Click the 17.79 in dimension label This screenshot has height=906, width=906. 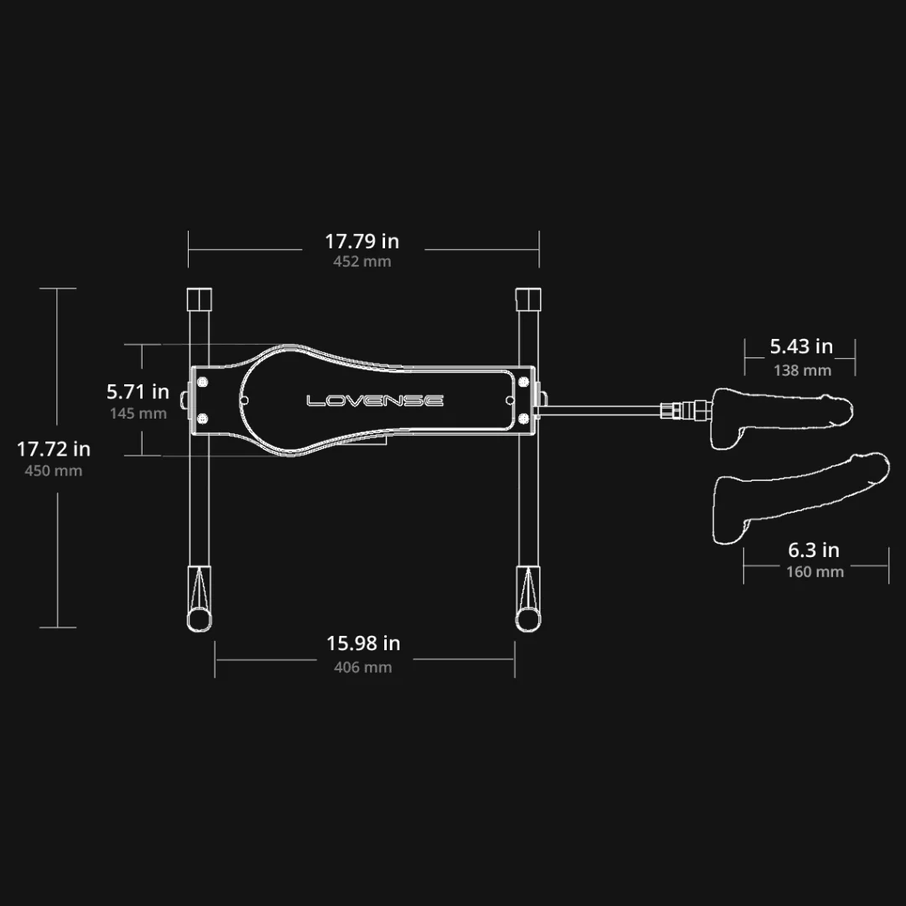click(362, 241)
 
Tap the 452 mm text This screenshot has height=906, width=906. click(362, 262)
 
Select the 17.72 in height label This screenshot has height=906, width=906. click(53, 449)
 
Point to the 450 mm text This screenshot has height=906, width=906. click(53, 471)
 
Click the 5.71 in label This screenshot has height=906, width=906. click(138, 392)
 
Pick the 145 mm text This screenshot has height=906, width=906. click(138, 414)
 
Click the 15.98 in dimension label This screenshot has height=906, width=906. click(363, 643)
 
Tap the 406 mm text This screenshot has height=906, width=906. click(363, 668)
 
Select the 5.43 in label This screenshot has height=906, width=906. click(801, 346)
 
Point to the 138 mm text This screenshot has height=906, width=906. click(803, 371)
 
